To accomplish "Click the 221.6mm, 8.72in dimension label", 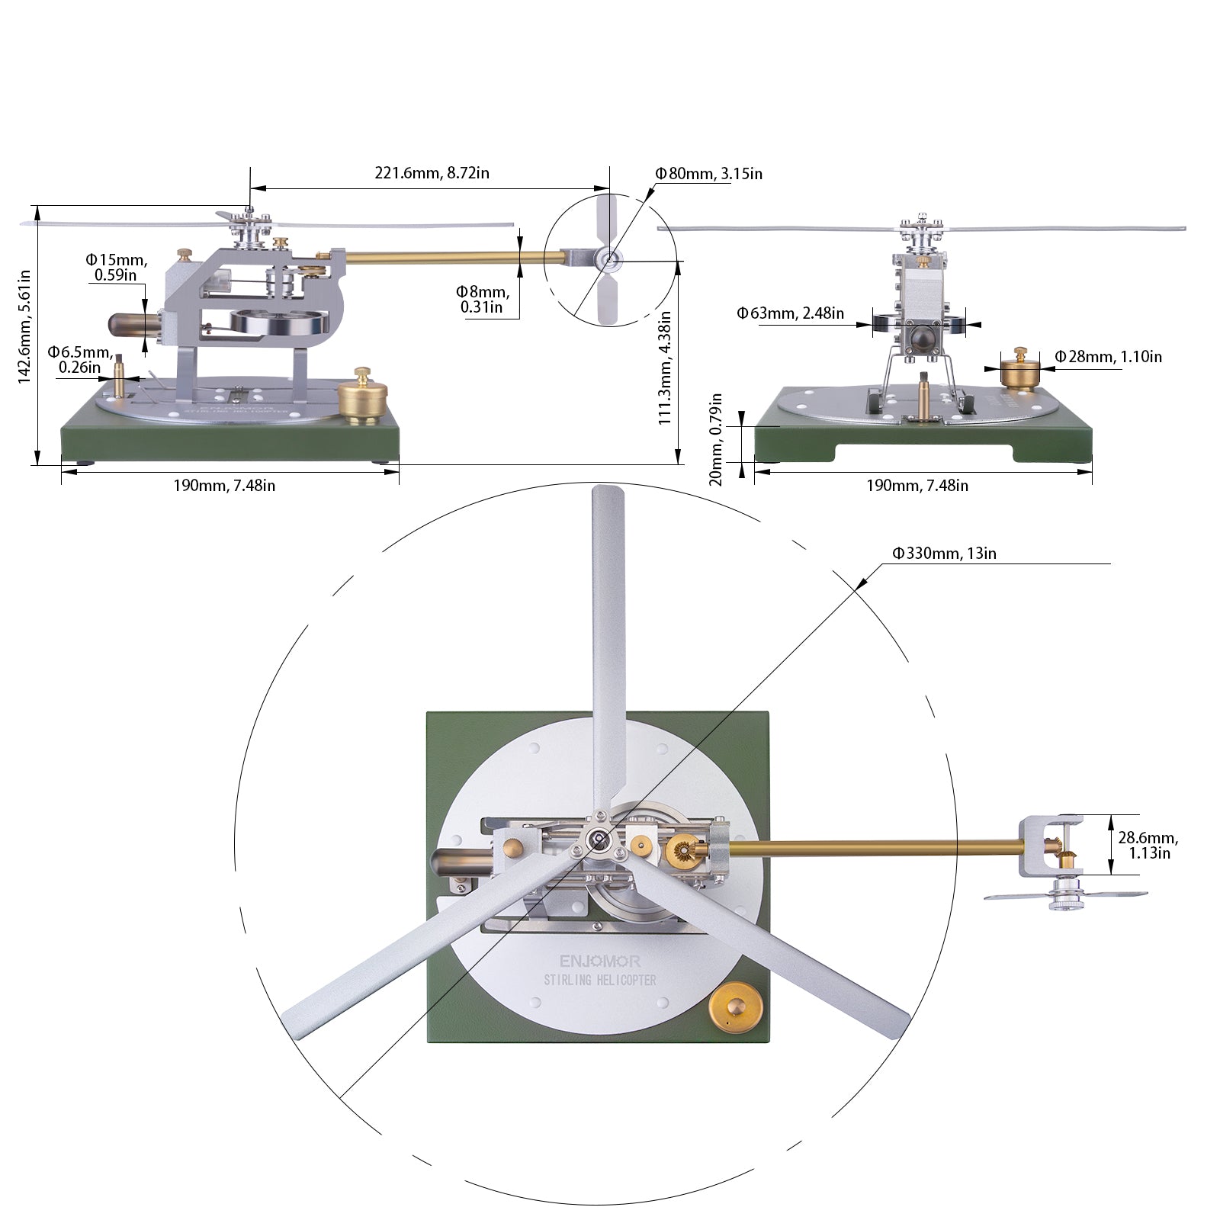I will pos(432,173).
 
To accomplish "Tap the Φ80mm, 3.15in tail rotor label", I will pos(708,174).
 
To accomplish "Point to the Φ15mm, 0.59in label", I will pos(116,267).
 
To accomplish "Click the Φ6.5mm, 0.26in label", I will pos(79,360).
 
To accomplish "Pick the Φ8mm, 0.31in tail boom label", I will pos(482,299).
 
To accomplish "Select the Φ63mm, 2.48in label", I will pos(790,313).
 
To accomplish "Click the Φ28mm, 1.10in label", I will pos(1108,357).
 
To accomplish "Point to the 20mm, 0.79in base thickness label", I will pos(715,439).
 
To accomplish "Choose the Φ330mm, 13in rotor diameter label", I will pos(944,554).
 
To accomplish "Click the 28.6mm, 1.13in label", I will pos(1148,845).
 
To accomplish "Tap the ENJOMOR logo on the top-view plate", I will pos(599,962).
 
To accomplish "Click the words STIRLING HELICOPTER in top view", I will pos(599,980).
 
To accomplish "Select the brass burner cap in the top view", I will pos(736,1010).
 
